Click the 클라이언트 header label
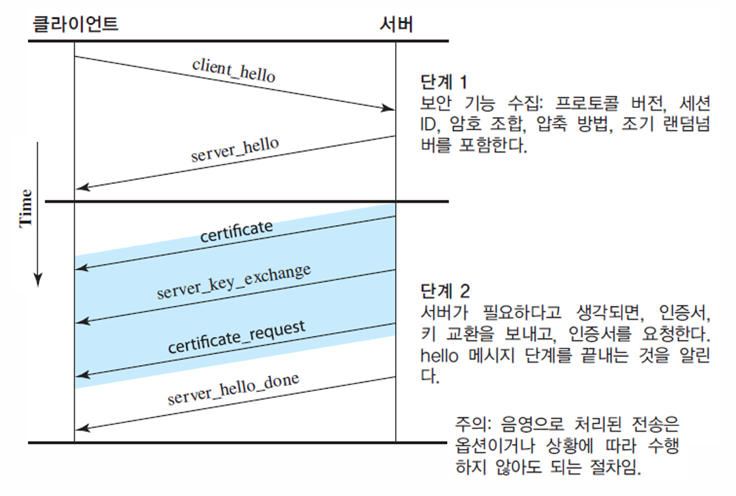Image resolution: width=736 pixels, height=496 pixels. pos(75,24)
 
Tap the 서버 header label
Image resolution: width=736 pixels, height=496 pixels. pos(396,24)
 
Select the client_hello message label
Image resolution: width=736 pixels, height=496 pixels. pos(234,70)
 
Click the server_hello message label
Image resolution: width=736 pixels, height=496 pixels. pos(235,149)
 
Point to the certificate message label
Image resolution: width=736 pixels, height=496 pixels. pos(236,231)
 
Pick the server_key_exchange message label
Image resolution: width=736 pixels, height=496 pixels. pos(234,281)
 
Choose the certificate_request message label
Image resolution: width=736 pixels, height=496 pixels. pos(236,337)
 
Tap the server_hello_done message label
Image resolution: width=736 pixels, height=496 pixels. pos(233,389)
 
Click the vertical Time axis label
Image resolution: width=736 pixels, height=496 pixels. pos(25,208)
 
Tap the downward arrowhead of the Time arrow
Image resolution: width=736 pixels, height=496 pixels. pos(38,280)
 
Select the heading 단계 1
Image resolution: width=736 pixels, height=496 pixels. pos(444,82)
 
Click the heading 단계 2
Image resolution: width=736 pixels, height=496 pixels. pos(445,291)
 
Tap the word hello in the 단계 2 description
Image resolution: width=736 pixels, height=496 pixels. pos(439,355)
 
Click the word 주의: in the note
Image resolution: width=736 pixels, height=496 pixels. pos(473,424)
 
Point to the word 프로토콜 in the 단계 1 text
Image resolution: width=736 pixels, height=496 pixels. pos(586,103)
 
